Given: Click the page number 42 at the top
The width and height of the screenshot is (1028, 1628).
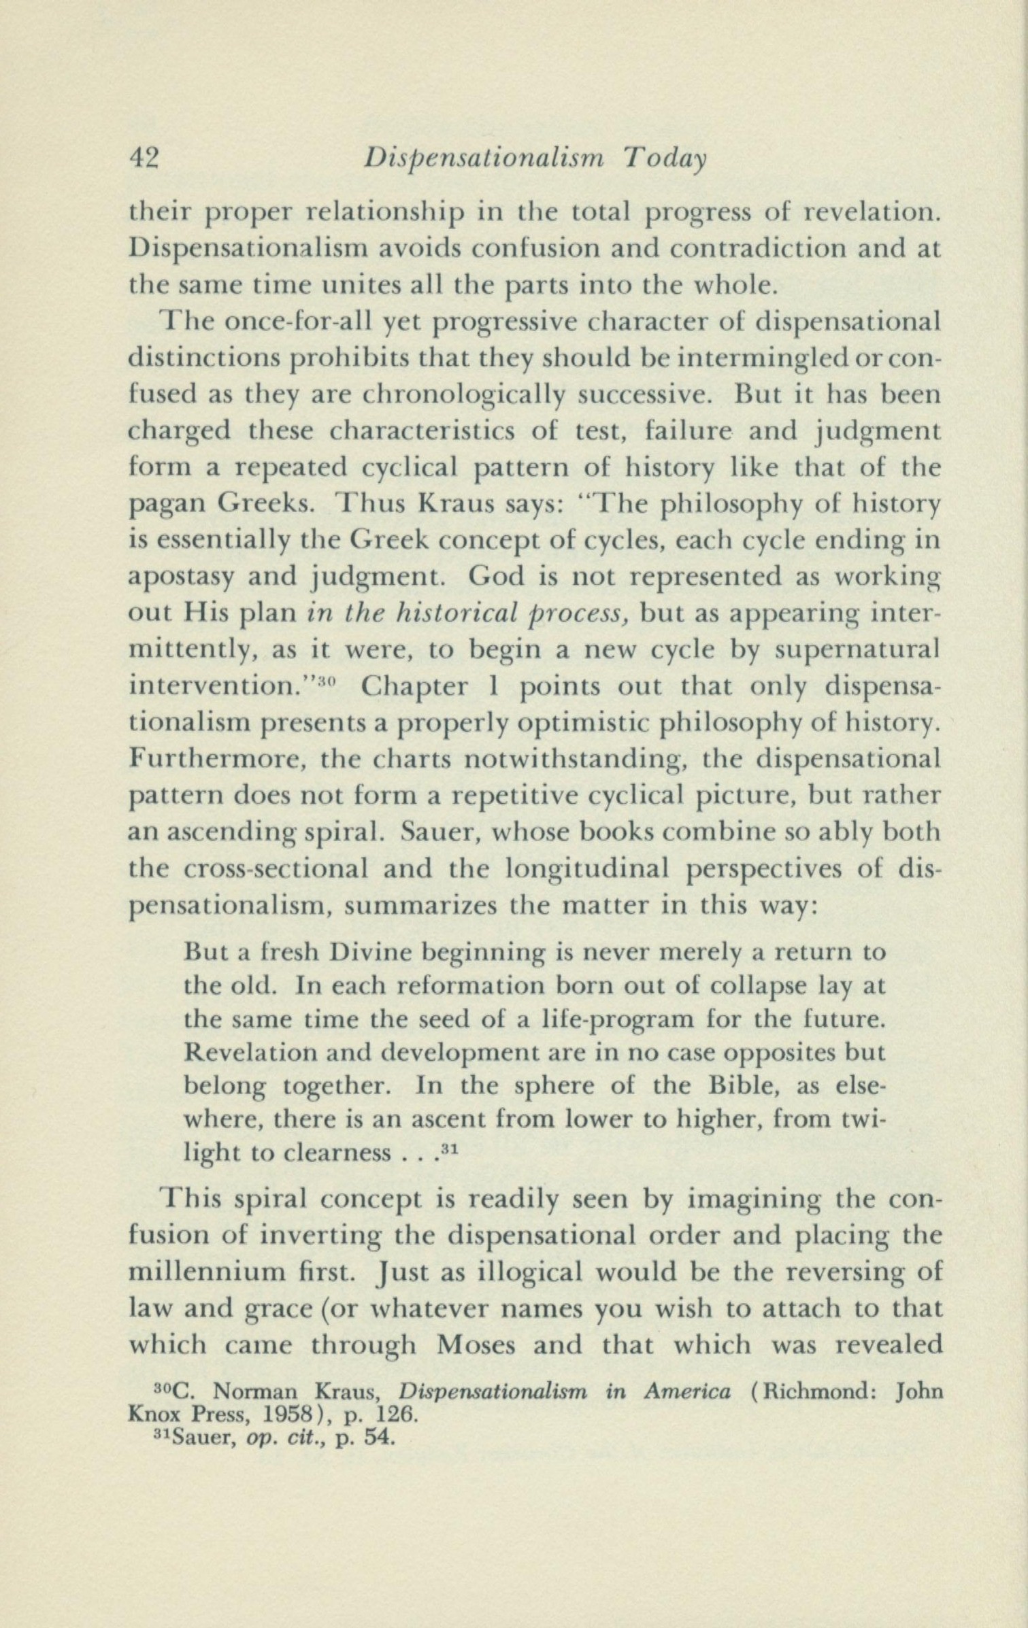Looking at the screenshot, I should coord(144,158).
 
